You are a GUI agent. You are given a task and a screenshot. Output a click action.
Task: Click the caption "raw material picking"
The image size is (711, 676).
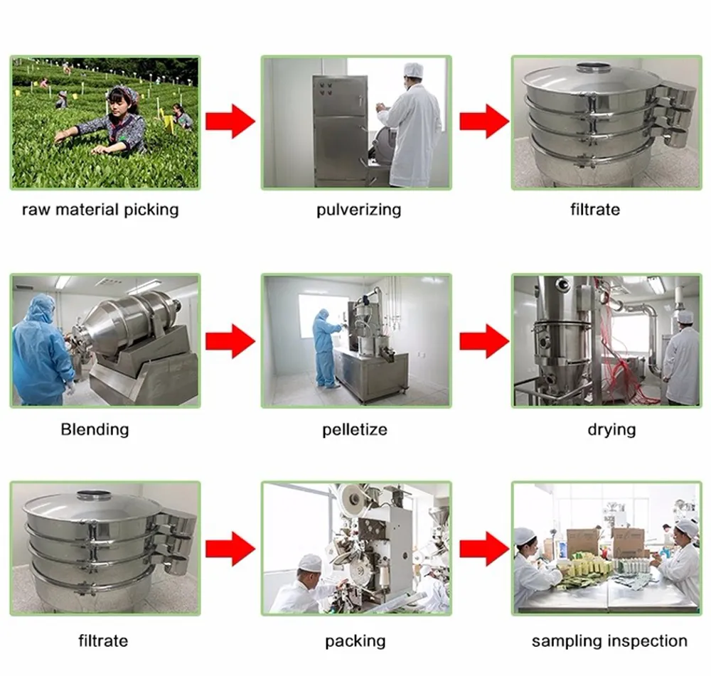(100, 210)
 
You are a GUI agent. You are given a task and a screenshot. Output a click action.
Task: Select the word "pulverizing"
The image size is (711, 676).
(358, 210)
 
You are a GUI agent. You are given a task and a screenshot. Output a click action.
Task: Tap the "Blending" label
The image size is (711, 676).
(95, 429)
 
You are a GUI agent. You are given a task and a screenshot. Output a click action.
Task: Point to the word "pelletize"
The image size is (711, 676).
(355, 429)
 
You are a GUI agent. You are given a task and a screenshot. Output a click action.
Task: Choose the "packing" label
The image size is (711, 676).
(355, 641)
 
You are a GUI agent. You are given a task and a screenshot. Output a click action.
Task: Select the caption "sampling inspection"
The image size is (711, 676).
(609, 641)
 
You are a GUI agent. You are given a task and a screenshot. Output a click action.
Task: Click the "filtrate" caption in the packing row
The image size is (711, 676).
(103, 641)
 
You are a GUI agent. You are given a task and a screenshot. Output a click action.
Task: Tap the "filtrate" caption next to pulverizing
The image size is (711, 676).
(595, 210)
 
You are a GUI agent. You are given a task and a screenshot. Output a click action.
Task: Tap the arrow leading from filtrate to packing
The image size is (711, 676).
(230, 548)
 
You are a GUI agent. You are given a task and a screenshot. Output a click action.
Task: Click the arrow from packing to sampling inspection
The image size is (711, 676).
(483, 548)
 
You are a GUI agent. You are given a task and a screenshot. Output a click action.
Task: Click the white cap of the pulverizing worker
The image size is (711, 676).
(413, 70)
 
